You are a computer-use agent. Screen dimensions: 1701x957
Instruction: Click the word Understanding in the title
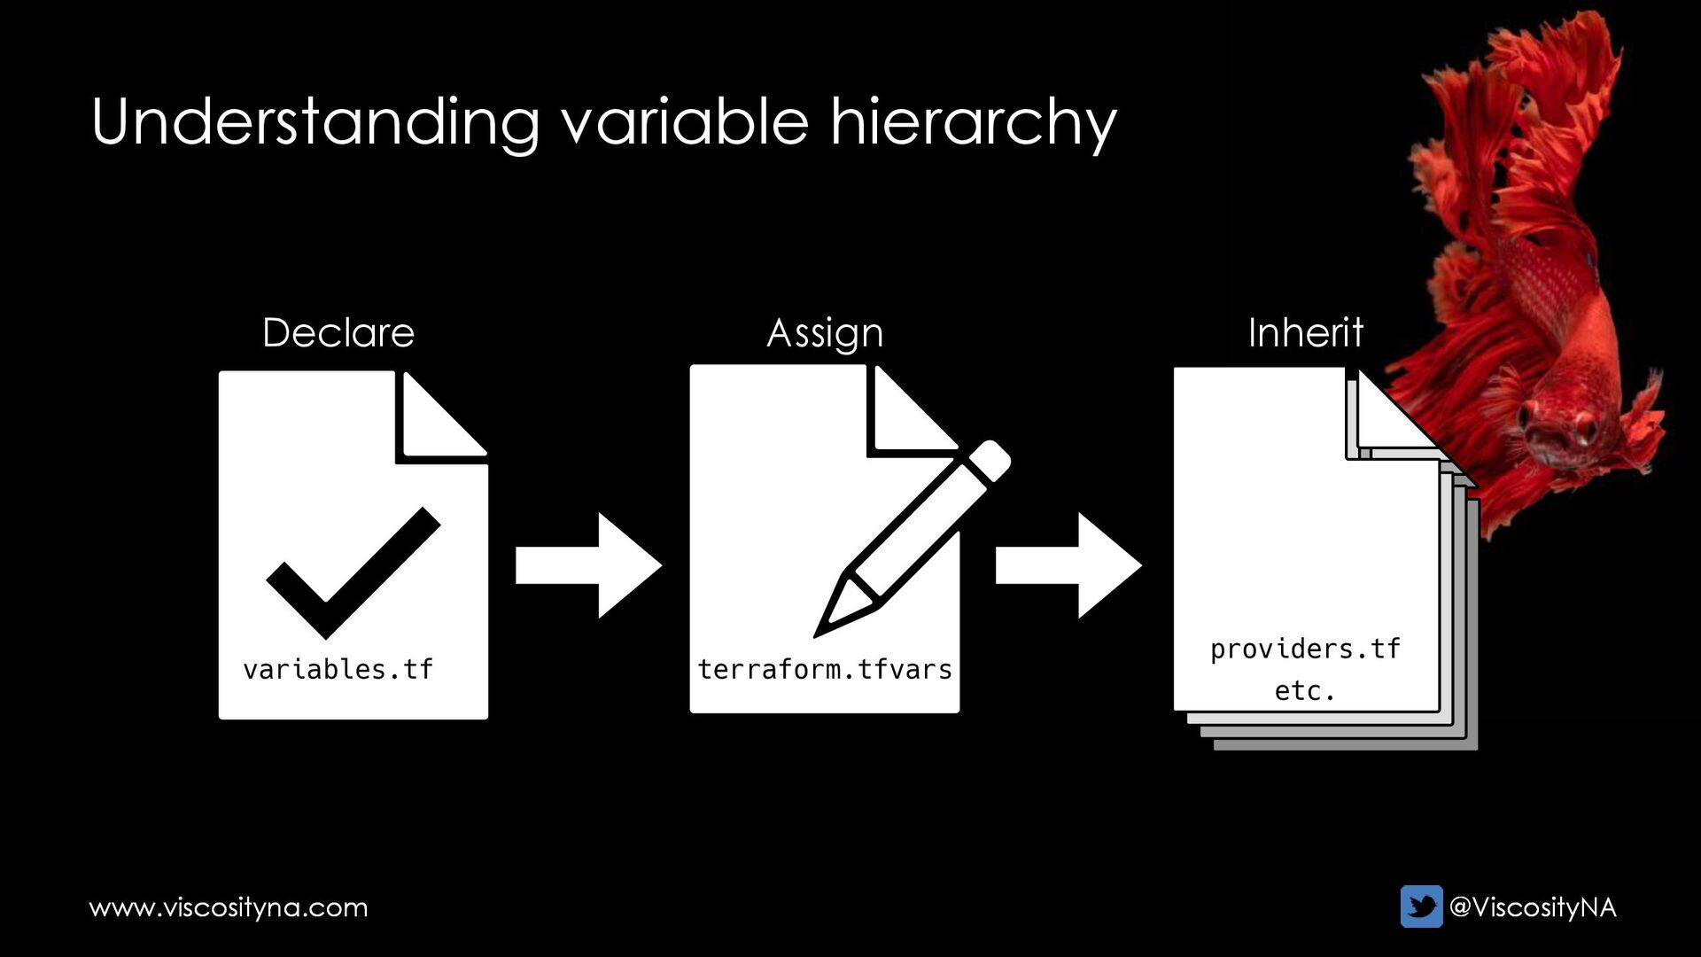[315, 122]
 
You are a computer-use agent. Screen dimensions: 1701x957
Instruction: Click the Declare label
[338, 333]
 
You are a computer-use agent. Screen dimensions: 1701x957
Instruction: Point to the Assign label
[824, 334]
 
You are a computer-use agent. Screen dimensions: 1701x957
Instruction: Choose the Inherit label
[1305, 333]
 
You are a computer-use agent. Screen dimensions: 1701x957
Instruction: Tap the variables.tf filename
[338, 669]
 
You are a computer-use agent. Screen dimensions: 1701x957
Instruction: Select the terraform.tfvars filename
[824, 669]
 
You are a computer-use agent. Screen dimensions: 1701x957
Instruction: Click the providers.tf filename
[1304, 650]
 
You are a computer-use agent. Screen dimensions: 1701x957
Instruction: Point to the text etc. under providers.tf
[1304, 690]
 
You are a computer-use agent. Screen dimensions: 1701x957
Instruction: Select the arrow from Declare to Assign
[588, 565]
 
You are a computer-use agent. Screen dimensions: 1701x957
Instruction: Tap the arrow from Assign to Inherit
[1068, 565]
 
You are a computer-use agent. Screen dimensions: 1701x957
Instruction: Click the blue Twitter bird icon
[1421, 906]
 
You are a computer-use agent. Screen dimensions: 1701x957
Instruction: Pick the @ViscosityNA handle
[1532, 907]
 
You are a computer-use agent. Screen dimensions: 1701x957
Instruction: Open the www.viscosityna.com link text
[229, 907]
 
